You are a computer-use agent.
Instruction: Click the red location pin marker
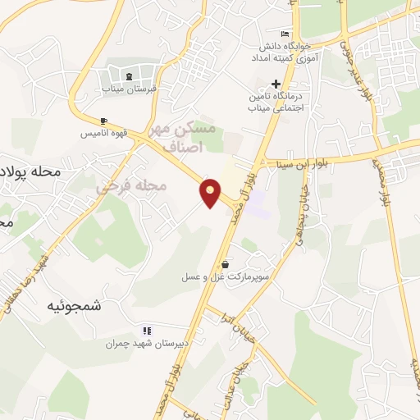[211, 193]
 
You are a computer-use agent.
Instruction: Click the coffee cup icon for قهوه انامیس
[103, 121]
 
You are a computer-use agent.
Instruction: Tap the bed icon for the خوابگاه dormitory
[284, 34]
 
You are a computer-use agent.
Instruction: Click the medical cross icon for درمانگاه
[276, 84]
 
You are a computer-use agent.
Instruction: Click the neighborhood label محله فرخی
[131, 187]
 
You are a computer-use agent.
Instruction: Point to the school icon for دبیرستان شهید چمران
[148, 330]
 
